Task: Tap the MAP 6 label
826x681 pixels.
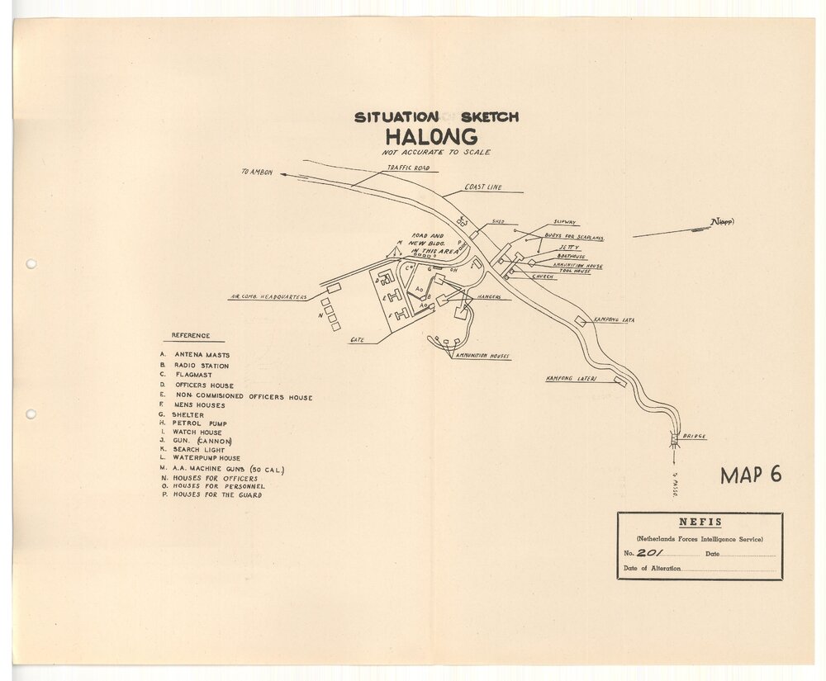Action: tap(750, 475)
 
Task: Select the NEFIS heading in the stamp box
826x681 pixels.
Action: tap(699, 523)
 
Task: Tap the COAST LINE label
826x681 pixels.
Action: tap(482, 187)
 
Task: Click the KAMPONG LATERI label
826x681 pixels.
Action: tap(571, 379)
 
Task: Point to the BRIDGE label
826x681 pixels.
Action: tap(694, 436)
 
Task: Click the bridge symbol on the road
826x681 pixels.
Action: tap(673, 439)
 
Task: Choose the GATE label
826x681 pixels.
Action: tap(358, 339)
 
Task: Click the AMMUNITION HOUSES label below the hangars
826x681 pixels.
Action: tap(482, 357)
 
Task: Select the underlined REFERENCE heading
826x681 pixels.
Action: tap(191, 336)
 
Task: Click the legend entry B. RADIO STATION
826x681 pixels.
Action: tap(196, 365)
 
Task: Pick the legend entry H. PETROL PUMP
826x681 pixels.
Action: tap(192, 423)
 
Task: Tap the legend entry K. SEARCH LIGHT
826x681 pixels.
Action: tap(193, 450)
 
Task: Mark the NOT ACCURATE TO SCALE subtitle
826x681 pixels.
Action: tap(436, 152)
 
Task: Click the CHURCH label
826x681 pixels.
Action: tap(543, 277)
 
